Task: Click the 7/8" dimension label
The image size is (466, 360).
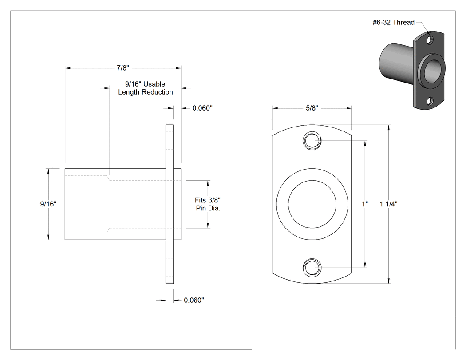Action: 123,68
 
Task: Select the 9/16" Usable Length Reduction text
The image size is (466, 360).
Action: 146,88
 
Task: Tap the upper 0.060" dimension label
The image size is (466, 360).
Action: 202,108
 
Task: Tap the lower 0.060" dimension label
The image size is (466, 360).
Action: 194,300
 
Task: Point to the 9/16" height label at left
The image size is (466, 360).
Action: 48,204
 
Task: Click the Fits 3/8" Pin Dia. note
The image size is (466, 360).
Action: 208,204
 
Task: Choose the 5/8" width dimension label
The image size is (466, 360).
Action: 312,108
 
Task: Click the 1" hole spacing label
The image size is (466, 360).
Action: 365,204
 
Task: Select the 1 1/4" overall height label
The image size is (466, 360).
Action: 389,204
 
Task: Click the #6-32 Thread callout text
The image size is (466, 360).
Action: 394,22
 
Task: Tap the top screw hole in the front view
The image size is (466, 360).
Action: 312,140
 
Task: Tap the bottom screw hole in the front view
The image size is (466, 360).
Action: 312,267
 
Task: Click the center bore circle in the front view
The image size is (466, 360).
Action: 312,180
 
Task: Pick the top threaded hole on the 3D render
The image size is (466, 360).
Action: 430,40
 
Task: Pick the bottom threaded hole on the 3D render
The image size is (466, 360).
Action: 430,102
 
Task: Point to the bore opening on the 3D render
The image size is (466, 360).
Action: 433,73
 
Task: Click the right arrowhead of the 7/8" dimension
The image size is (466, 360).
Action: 178,68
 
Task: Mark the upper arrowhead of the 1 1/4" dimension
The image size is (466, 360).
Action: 389,128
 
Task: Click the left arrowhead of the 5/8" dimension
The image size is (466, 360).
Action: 275,108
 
